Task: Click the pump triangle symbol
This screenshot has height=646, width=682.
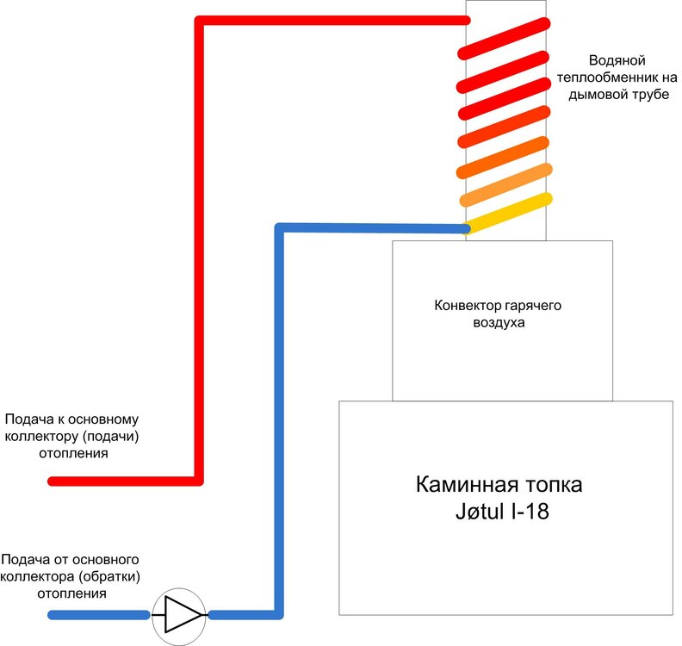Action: [x=183, y=614]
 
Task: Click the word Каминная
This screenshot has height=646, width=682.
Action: [x=467, y=484]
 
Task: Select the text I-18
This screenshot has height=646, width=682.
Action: [x=530, y=512]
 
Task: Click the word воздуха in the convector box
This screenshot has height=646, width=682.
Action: [x=499, y=323]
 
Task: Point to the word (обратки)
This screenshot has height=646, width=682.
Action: [x=109, y=577]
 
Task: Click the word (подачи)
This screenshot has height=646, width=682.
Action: [x=110, y=436]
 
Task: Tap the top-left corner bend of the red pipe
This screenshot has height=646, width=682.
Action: [x=199, y=21]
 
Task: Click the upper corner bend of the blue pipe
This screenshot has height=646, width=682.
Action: [x=279, y=227]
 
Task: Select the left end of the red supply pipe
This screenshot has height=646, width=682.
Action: [x=52, y=481]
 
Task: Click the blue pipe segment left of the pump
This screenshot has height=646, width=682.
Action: [x=99, y=615]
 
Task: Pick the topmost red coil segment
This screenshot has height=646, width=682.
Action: [x=504, y=38]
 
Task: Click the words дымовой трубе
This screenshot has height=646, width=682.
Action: [x=618, y=95]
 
